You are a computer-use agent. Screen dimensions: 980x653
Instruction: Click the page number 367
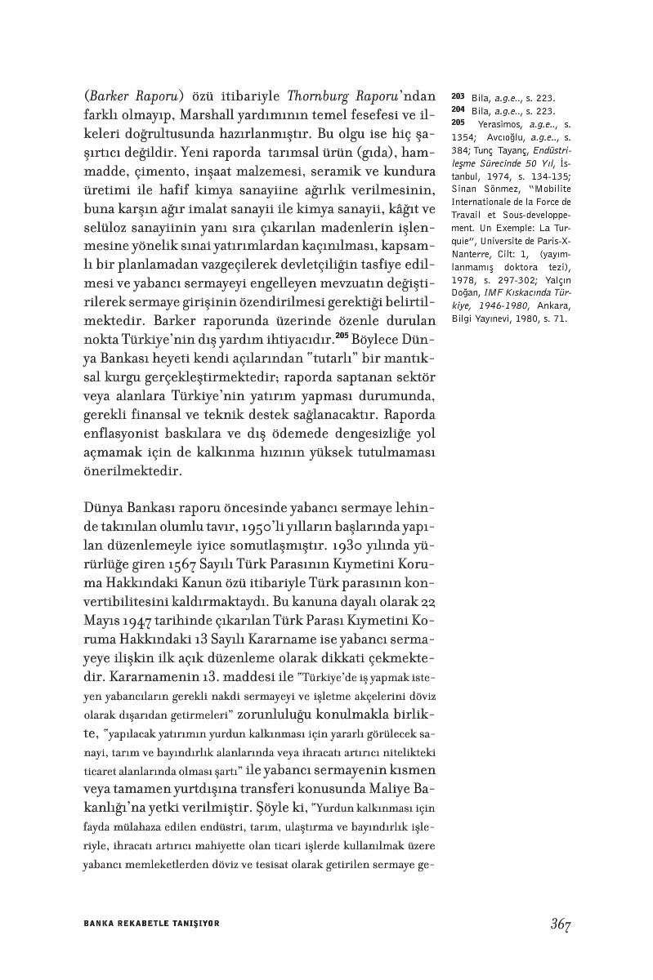(x=559, y=924)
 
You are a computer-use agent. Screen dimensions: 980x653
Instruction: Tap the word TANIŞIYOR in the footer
(x=195, y=924)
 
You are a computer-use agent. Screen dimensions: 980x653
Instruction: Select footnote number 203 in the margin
(x=458, y=97)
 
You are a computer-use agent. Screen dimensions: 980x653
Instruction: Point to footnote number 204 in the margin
(x=458, y=111)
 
